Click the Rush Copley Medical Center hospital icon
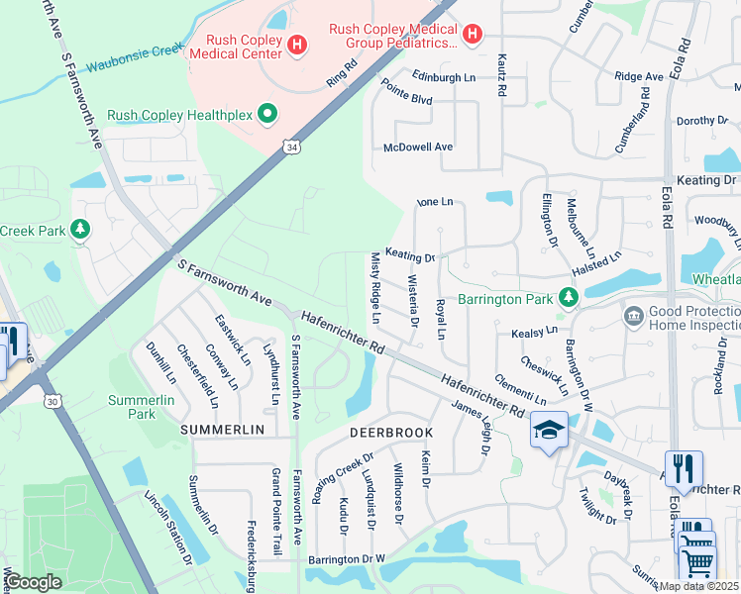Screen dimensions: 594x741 [295, 45]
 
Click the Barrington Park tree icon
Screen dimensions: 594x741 [567, 296]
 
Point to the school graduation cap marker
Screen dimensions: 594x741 [548, 430]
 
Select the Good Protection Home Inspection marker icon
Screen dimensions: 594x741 [632, 316]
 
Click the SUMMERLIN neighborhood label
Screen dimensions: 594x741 [222, 430]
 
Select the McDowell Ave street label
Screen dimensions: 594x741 [418, 147]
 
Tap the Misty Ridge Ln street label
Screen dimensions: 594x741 [375, 288]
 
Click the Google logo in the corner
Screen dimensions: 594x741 [34, 581]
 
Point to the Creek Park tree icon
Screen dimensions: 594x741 [80, 230]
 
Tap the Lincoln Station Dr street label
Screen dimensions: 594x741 [167, 528]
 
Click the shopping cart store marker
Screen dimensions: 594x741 [697, 563]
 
